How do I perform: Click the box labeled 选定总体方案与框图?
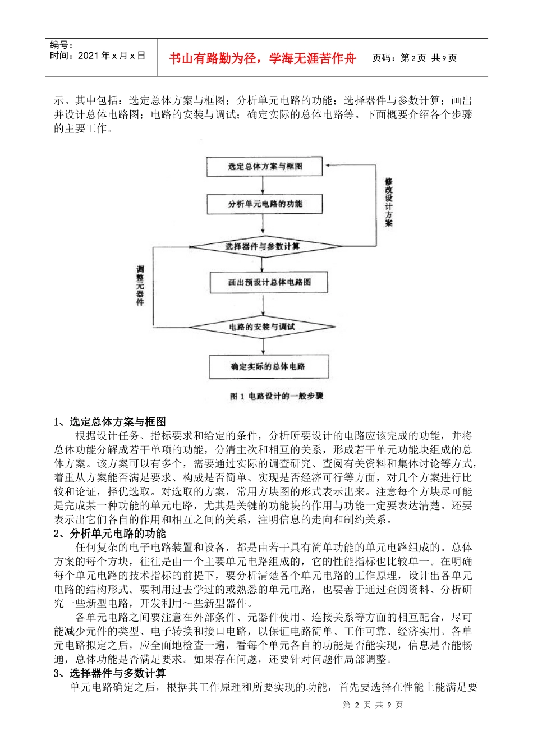coord(264,167)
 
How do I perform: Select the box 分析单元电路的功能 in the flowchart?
coord(265,204)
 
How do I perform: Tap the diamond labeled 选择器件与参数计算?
coord(263,246)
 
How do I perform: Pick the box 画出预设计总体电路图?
coord(269,282)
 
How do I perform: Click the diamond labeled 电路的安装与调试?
coord(262,327)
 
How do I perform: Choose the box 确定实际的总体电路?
coord(268,367)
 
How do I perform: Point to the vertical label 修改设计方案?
coord(389,203)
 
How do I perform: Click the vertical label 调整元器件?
coord(140,286)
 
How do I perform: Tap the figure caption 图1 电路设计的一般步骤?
coord(277,396)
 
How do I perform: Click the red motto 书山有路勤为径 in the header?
coord(263,58)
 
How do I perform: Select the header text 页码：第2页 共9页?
coord(415,58)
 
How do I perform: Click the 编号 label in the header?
coord(61,45)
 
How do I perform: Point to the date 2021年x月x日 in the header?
coord(98,56)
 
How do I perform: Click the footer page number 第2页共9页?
coord(373,705)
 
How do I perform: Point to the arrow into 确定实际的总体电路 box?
coord(263,346)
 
